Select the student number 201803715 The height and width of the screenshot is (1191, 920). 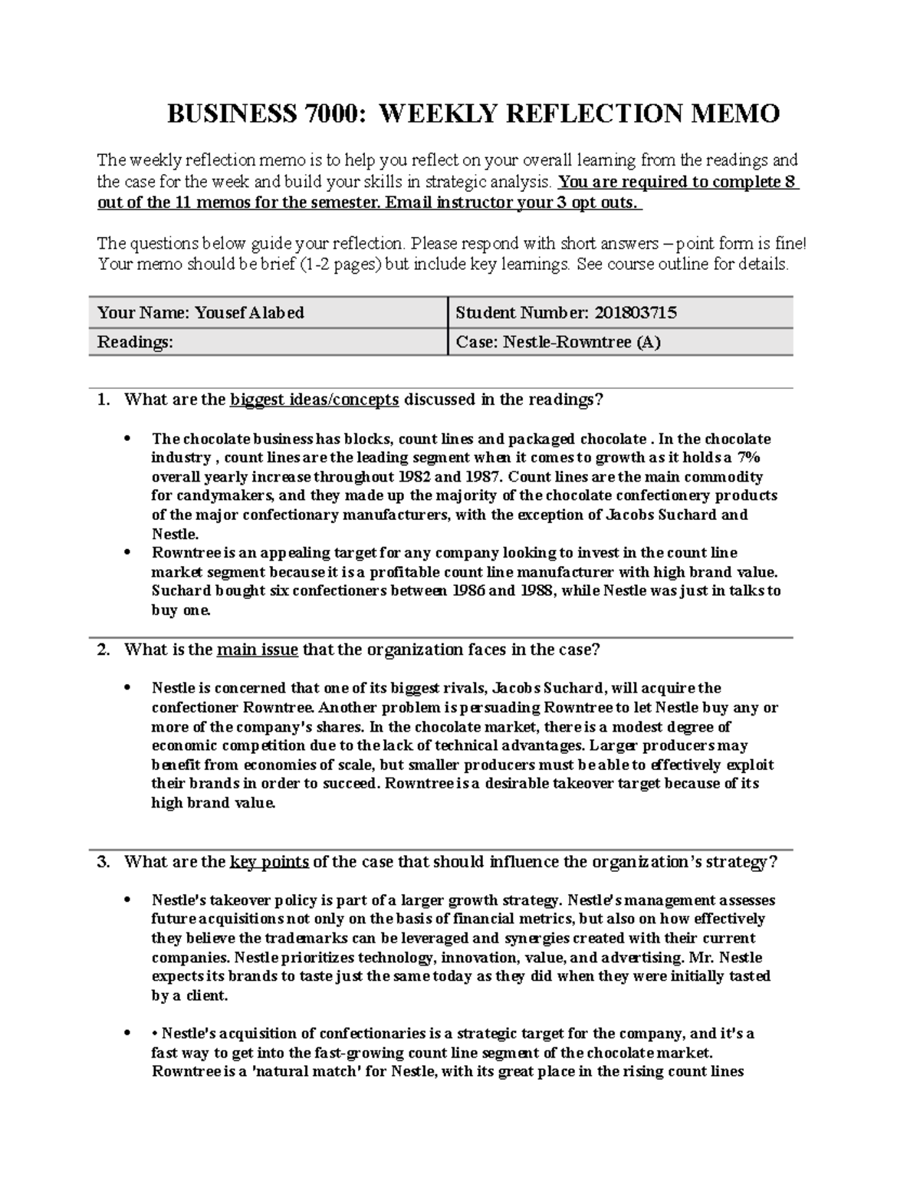pos(633,313)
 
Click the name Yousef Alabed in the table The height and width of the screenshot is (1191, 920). pos(249,313)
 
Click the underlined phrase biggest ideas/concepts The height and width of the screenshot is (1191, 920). pos(314,400)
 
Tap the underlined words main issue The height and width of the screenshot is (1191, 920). pos(258,650)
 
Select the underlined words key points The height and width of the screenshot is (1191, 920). pos(269,862)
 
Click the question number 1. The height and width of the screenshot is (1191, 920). pos(103,400)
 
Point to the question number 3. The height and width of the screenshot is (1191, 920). pos(103,862)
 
